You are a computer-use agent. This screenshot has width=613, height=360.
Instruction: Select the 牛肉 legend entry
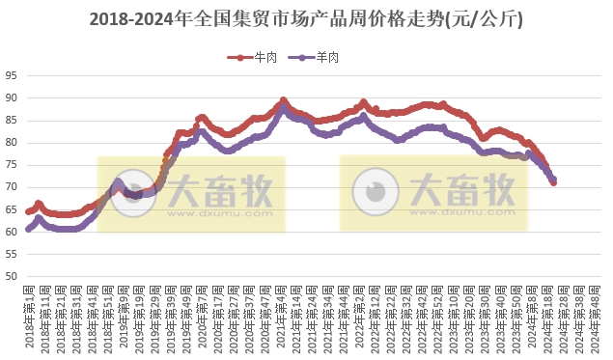(252, 58)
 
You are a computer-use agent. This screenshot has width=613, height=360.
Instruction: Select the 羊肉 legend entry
(320, 58)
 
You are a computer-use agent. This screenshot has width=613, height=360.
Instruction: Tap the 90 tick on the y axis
(11, 98)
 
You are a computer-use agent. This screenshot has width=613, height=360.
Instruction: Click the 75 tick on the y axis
(11, 165)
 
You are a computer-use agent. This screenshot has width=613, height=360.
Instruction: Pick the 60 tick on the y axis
(11, 232)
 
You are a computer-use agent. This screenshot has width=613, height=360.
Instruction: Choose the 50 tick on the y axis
(11, 277)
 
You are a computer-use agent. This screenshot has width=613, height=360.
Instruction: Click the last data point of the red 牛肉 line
(553, 182)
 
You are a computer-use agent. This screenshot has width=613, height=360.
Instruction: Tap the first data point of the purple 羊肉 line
(29, 230)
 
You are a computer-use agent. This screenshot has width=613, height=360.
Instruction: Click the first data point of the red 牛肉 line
(29, 210)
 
